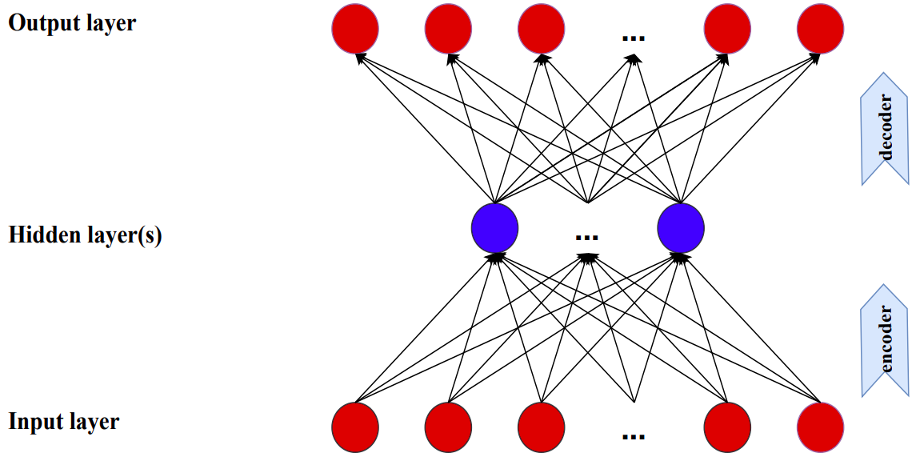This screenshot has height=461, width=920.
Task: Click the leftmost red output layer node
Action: pos(355,30)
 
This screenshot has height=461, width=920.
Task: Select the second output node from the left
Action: pos(448,30)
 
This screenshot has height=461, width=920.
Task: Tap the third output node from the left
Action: pos(542,30)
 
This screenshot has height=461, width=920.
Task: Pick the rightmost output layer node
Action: pos(821,30)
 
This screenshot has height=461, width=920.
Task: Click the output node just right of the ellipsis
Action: pos(727,30)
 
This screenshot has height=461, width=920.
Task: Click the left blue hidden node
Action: pos(495,227)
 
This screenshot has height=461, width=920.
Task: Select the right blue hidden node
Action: pos(681,227)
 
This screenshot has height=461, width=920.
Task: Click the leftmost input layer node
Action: pos(355,427)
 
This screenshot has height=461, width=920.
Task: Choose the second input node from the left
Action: pos(448,427)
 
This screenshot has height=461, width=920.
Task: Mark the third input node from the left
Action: pos(542,427)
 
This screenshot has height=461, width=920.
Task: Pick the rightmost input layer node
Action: pos(821,427)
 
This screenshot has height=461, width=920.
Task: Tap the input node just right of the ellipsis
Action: pos(727,427)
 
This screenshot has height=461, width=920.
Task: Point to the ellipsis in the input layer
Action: pos(633,436)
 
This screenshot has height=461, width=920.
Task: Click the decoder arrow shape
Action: pos(885,128)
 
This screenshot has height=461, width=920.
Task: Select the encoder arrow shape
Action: pos(885,340)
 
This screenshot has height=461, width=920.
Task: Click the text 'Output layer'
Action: pos(72,23)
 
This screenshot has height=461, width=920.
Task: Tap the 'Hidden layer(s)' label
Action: pos(85,236)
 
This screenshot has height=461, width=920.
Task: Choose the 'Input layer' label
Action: pos(64,421)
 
